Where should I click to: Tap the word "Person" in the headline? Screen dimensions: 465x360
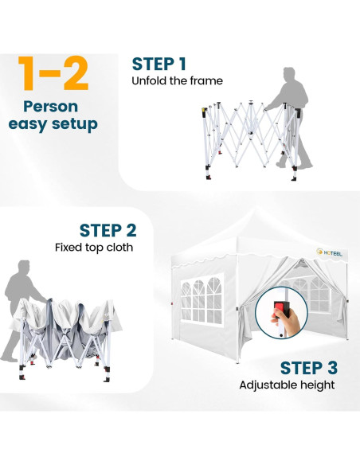coord(50,106)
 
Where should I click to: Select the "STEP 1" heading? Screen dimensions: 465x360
coord(159,64)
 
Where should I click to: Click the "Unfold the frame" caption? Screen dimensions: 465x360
coord(177,80)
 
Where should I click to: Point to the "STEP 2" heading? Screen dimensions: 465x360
coord(107,230)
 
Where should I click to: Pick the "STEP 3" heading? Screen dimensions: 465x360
coord(308,368)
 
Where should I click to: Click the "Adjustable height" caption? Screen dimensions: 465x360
coord(287,385)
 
